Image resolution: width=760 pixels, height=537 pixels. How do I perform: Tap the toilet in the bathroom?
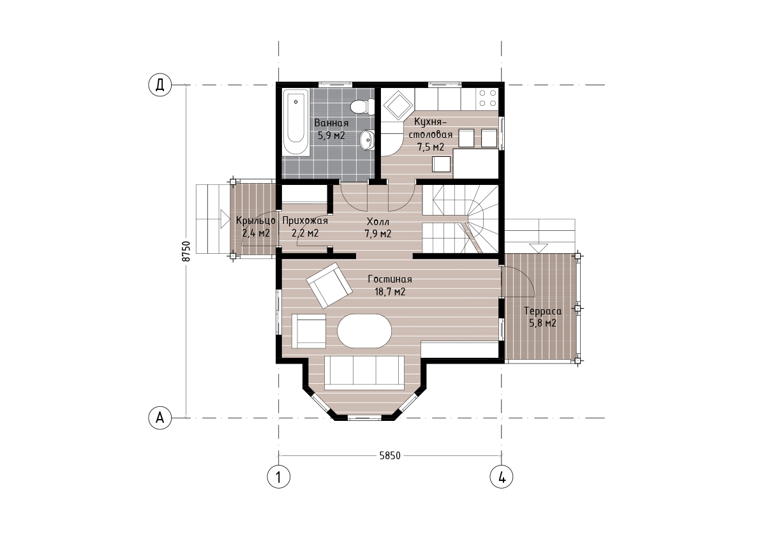click(x=362, y=107)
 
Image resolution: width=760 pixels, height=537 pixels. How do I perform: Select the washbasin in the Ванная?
click(x=367, y=140)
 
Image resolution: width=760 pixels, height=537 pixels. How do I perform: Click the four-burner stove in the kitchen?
click(x=487, y=98)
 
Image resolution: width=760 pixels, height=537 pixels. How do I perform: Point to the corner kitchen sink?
click(x=398, y=105)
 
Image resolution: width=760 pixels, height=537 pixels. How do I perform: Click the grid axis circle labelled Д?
click(x=160, y=85)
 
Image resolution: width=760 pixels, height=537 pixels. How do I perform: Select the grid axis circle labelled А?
click(x=160, y=417)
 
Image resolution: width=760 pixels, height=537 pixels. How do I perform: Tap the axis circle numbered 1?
click(x=279, y=477)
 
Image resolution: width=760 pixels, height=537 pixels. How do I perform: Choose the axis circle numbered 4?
click(x=502, y=477)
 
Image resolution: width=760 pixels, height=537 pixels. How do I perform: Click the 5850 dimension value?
click(x=390, y=455)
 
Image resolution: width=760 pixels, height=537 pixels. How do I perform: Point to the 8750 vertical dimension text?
click(x=186, y=251)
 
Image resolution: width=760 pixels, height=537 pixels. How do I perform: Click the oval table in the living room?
click(x=364, y=330)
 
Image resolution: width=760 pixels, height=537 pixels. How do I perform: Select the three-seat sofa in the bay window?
click(x=364, y=372)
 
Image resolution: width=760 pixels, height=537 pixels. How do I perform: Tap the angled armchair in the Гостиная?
click(x=330, y=284)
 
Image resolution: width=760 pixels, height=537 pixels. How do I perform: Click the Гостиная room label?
click(x=390, y=279)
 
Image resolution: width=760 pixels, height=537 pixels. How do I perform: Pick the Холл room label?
click(x=378, y=222)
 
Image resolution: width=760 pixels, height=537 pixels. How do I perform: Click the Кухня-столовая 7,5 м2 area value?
click(x=431, y=147)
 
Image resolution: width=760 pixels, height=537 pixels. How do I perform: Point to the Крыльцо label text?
click(x=256, y=221)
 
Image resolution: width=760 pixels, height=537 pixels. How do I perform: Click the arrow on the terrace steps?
click(x=538, y=247)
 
